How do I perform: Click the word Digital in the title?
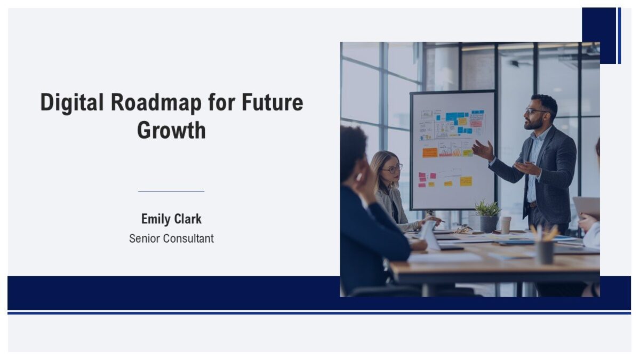tap(72, 102)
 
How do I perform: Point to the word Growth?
tap(171, 130)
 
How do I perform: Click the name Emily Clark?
tap(171, 219)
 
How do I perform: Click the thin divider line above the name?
tap(171, 191)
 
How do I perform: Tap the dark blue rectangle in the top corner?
tap(598, 35)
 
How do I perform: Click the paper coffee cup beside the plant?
tap(505, 225)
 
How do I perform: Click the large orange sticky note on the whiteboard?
tap(430, 153)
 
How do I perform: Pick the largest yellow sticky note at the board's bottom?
tap(466, 181)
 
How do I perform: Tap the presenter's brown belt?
tap(532, 204)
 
